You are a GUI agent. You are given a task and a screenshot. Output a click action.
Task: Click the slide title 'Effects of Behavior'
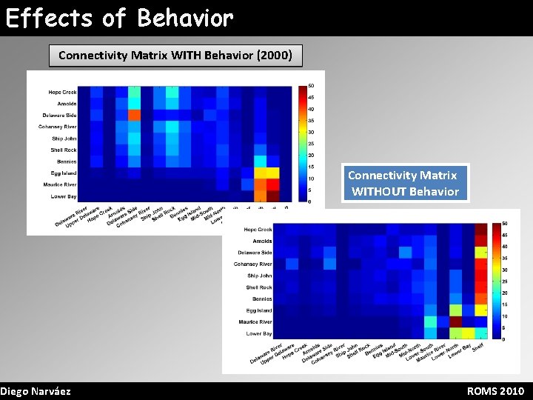coord(119,18)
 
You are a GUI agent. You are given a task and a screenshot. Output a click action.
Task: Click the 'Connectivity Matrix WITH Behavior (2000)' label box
coord(175,56)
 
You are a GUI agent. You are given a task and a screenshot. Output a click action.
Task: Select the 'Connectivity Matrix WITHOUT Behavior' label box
coord(405,184)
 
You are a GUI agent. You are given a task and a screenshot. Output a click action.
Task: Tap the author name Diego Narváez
coord(36,391)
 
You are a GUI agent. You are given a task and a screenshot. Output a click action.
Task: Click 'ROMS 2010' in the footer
coord(495,391)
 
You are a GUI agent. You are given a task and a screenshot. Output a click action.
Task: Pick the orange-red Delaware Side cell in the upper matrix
coord(134,115)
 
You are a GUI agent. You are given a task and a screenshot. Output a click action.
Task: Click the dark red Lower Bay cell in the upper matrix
coord(272,196)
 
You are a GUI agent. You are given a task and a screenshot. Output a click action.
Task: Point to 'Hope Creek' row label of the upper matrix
coord(63,92)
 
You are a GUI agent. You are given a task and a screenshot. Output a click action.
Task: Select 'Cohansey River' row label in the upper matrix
coord(58,127)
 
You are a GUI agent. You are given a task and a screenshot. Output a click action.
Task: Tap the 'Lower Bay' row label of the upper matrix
coord(63,196)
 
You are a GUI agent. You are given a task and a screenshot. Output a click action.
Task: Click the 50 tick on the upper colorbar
coord(311,85)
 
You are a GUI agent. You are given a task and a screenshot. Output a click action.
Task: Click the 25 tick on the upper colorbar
coord(311,144)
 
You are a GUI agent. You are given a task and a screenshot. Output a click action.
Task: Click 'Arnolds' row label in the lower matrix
coord(262,241)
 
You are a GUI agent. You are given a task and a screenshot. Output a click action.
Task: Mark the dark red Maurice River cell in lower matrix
coord(455,321)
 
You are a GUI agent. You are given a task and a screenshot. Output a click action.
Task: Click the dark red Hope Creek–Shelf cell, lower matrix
coord(480,230)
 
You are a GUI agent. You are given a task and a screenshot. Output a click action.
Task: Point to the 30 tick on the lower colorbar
coord(504,270)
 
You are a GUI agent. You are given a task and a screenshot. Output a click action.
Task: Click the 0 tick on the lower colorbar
coord(503,339)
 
